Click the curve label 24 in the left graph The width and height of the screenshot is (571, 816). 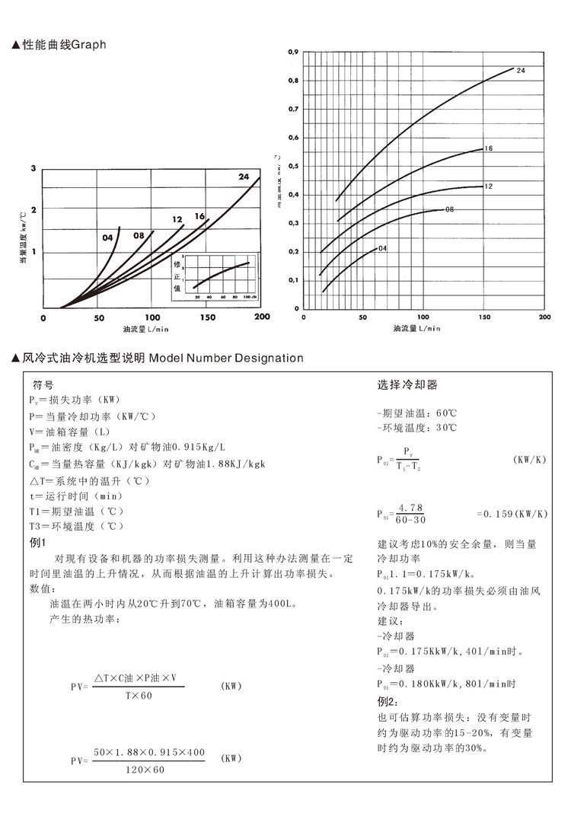(244, 177)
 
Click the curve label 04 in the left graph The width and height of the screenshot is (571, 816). (108, 237)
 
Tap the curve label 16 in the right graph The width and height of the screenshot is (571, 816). (489, 148)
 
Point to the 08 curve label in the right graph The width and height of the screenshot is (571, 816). (449, 209)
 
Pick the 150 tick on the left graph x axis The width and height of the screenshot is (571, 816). (208, 317)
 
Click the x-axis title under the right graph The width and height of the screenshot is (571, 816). (416, 329)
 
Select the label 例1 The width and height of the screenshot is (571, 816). (37, 542)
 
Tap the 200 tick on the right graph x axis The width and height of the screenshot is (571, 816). (544, 317)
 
